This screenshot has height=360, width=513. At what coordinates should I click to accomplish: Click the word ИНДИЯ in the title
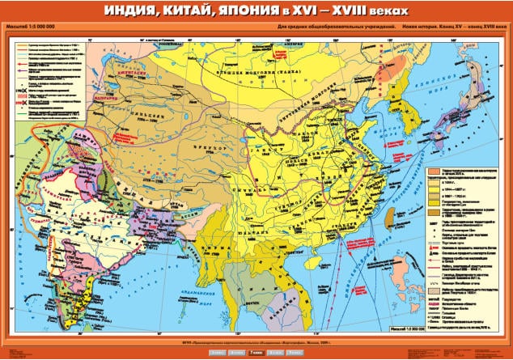coord(133,12)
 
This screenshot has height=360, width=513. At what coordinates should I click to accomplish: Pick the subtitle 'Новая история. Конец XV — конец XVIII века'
coord(450,31)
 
